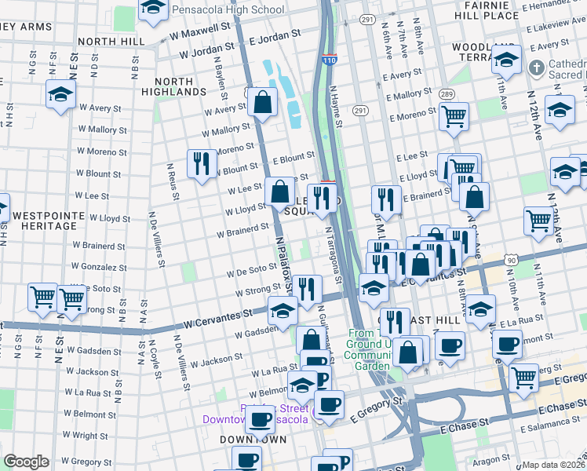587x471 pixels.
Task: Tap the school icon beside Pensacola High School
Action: point(153,9)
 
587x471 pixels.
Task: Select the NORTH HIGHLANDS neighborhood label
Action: point(174,86)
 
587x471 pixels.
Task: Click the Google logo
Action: point(26,462)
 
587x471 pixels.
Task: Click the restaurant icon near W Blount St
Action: point(202,163)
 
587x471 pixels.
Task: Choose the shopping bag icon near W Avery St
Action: point(263,102)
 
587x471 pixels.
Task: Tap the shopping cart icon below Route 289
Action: point(454,116)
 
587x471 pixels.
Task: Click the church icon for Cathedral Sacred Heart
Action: point(537,67)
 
